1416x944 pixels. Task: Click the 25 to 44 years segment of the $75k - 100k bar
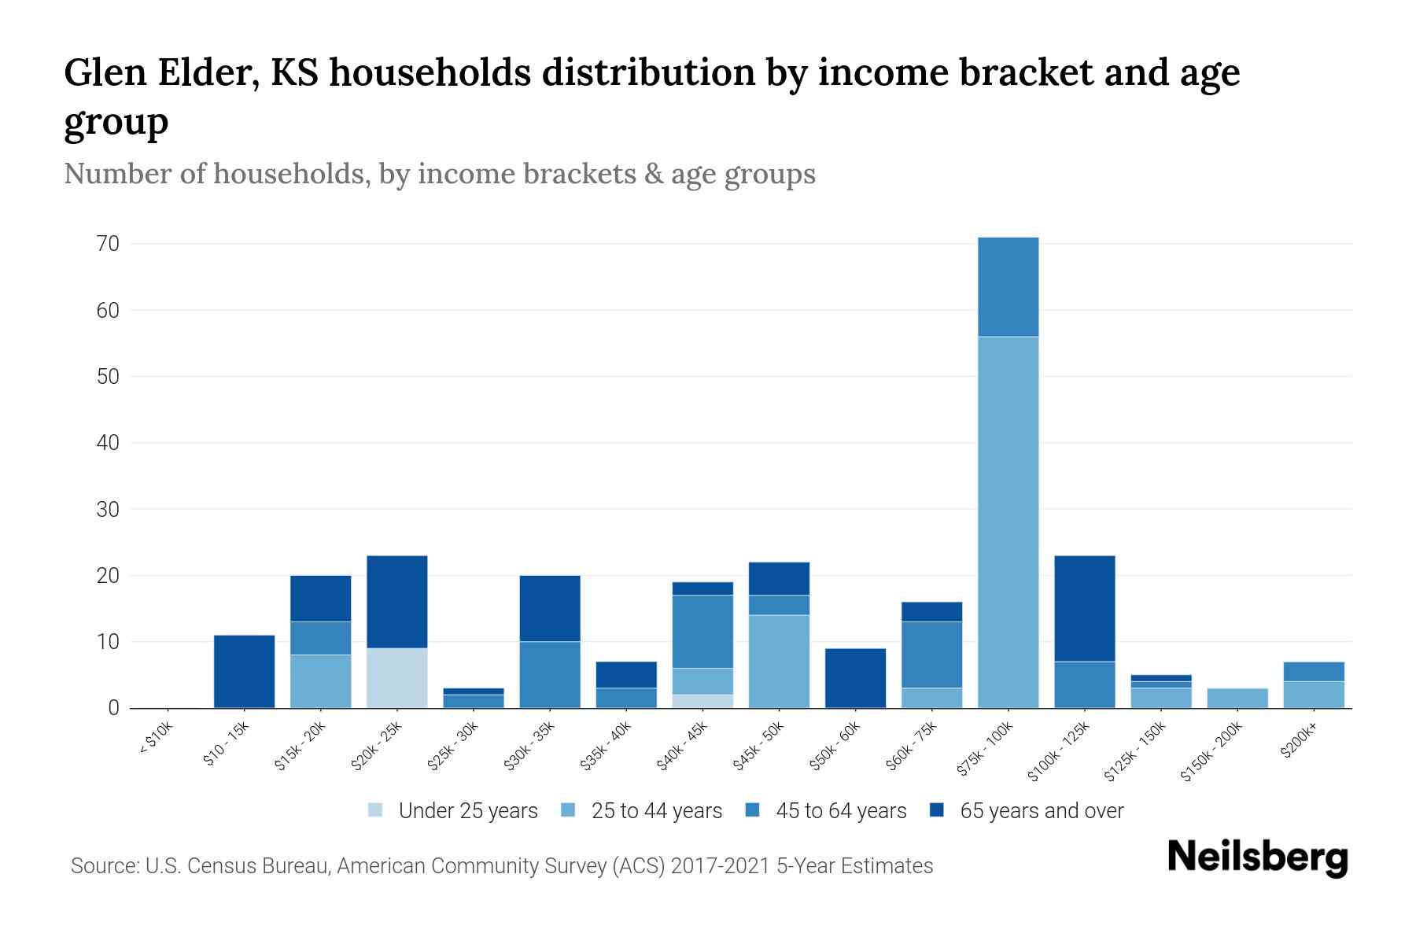point(1008,522)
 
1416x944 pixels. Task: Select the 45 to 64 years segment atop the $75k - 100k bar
point(1008,287)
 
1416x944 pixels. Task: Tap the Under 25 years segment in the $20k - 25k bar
point(396,678)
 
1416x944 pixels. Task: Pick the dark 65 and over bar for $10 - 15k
point(244,671)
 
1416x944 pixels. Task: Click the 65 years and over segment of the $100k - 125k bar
point(1084,609)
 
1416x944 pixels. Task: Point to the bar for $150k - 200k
point(1237,699)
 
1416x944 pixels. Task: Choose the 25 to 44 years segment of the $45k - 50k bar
point(779,662)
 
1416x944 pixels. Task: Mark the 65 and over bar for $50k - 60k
point(855,678)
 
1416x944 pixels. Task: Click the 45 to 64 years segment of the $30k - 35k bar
point(550,675)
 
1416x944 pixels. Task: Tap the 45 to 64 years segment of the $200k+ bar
point(1313,672)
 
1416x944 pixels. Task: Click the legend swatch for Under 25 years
point(376,810)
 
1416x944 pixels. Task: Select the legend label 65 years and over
point(1042,811)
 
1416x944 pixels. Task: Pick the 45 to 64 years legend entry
point(841,811)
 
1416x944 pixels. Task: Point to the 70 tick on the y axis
point(109,244)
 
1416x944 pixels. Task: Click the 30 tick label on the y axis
point(109,510)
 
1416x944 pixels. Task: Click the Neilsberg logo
point(1257,858)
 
